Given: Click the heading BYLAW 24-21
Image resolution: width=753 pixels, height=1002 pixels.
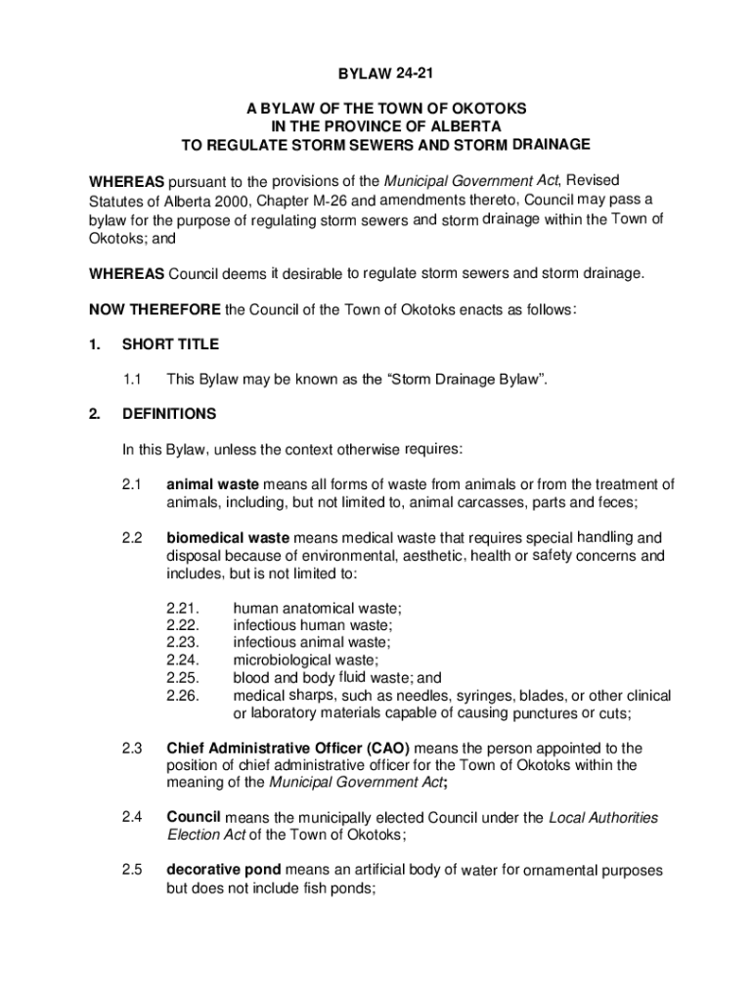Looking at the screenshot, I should [376, 75].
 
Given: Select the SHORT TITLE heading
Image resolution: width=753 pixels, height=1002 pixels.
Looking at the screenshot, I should [170, 344].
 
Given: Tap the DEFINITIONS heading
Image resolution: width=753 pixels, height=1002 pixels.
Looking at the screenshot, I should [169, 414].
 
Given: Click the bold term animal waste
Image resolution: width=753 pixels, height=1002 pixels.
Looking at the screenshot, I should [212, 484].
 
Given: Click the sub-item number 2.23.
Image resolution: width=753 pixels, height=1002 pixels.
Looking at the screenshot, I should [183, 643].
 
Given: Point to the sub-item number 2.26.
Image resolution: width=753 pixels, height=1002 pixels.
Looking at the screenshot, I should [183, 696].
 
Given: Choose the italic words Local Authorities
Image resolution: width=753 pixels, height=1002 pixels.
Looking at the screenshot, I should [603, 818].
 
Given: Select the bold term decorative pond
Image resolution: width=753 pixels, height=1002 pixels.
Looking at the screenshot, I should [224, 870].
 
